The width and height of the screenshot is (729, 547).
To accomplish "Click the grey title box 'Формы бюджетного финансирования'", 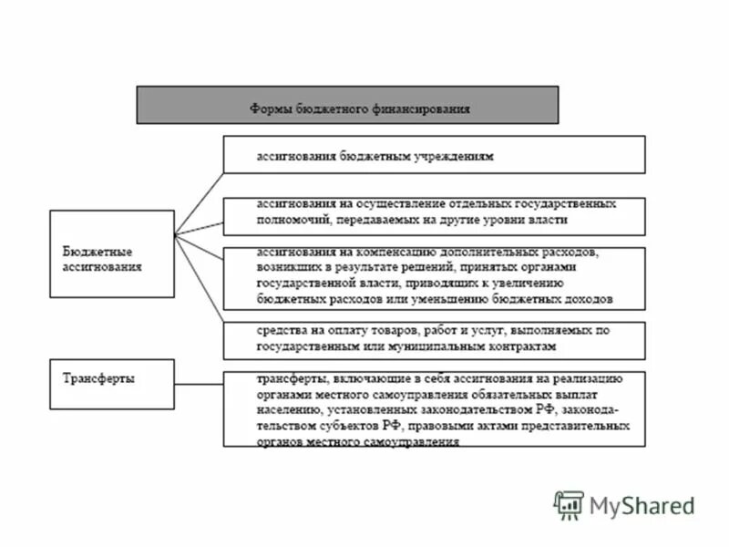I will pos(347,105).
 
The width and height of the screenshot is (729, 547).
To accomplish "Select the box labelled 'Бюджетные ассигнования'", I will pos(111,253).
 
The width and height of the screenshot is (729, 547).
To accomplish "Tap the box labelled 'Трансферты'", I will pos(111,384).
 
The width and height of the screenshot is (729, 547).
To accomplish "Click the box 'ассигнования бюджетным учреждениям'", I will pos(434,154).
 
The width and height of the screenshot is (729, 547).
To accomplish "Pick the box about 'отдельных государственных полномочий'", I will pos(434,215).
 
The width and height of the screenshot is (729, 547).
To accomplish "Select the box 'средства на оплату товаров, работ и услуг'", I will pos(434,339).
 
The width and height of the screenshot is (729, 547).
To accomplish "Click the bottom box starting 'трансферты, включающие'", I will pos(434,408).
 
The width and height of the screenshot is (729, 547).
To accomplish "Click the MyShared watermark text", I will pos(642,505).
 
